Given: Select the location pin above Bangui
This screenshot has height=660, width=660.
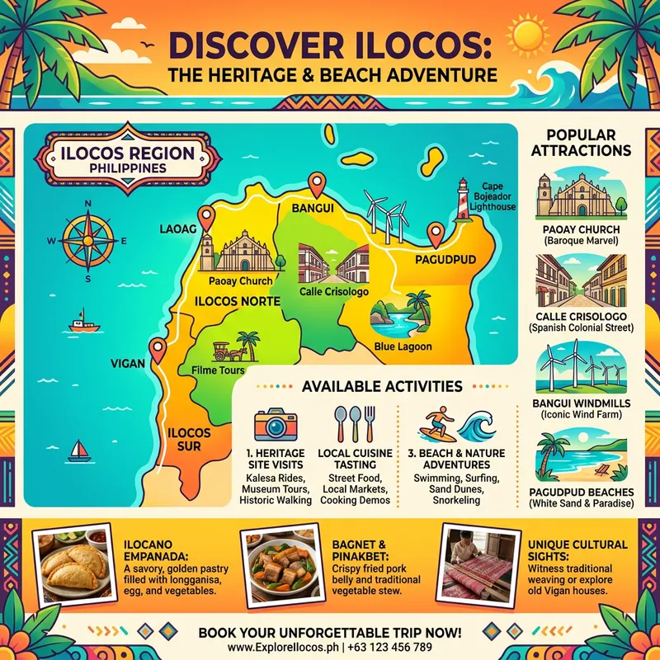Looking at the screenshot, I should click(315, 184).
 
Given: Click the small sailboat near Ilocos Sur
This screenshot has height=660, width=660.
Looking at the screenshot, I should click(78, 450).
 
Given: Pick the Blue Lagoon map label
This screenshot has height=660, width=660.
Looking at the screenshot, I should click(403, 346).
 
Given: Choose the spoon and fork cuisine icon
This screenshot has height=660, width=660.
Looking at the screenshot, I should click(352, 424).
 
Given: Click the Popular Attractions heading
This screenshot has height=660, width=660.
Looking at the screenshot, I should click(581, 142).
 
